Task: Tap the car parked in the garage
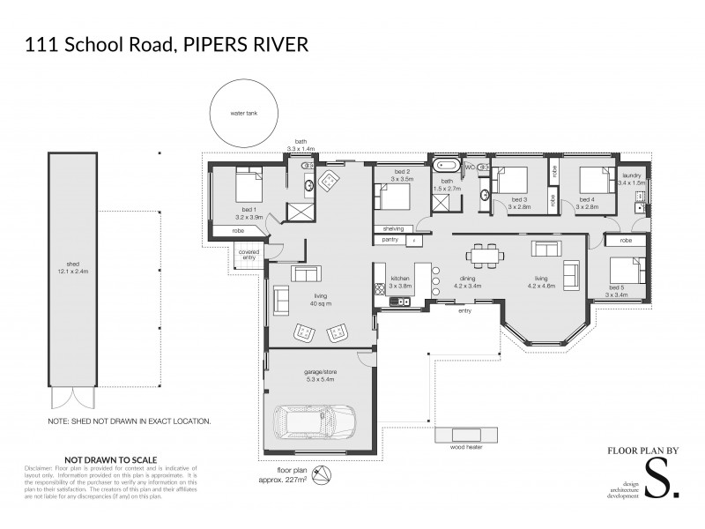point(314,424)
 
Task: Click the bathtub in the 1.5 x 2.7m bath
point(444,165)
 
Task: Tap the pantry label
point(390,239)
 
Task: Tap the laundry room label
point(633,175)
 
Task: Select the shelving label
point(392,228)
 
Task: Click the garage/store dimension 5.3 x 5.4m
point(315,382)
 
